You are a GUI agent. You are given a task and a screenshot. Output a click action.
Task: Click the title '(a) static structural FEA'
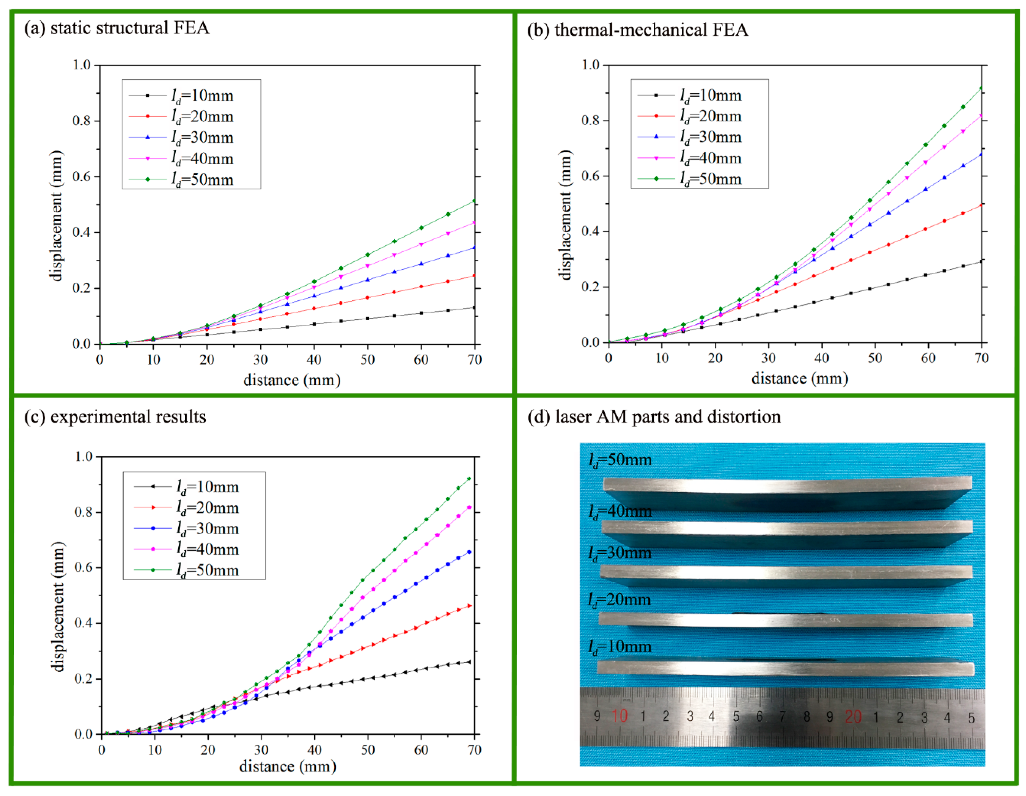point(117,28)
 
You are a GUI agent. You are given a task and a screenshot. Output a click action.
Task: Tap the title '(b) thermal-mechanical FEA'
point(637,30)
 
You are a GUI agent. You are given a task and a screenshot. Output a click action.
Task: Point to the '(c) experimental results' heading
point(115,417)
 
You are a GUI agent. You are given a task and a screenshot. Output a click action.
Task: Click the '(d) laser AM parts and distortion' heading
point(654,417)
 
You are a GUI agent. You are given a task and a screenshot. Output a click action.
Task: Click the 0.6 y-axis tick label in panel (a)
point(81,177)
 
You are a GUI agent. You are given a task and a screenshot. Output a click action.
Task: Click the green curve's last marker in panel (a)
point(475,201)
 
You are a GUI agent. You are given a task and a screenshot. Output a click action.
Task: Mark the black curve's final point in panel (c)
point(469,662)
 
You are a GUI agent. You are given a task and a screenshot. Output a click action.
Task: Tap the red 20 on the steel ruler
point(853,717)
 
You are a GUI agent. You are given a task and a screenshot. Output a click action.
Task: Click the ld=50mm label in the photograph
point(620,460)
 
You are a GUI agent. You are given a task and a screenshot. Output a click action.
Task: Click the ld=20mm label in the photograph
point(619,600)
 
